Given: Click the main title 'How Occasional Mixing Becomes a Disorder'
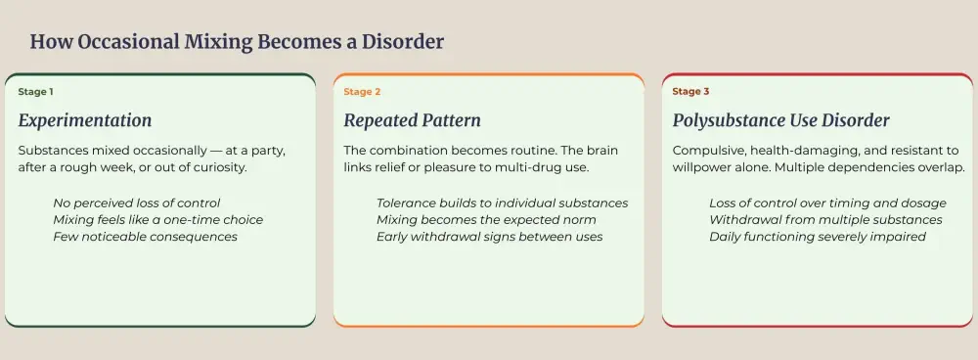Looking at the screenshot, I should (237, 42).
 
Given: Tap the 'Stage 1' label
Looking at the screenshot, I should (35, 92).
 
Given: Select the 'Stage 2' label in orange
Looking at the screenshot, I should (362, 92).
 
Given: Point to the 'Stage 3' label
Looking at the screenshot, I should (690, 92).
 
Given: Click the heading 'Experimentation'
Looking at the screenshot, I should (85, 121).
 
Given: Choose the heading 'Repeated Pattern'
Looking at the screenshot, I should (412, 121).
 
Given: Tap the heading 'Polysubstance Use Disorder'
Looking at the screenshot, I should (780, 121).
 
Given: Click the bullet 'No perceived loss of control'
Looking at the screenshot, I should (138, 203).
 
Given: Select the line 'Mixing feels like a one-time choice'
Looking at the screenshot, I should (157, 220).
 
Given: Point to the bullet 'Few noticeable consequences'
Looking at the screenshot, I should (145, 237).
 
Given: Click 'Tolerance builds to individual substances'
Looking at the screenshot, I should (502, 203).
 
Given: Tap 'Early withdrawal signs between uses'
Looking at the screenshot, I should (489, 237).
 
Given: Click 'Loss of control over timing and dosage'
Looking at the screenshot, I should (827, 203).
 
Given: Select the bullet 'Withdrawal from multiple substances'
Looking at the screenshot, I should (825, 220).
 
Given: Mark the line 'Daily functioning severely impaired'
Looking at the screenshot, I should (817, 237).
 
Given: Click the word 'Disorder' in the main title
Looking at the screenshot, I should (402, 42).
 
